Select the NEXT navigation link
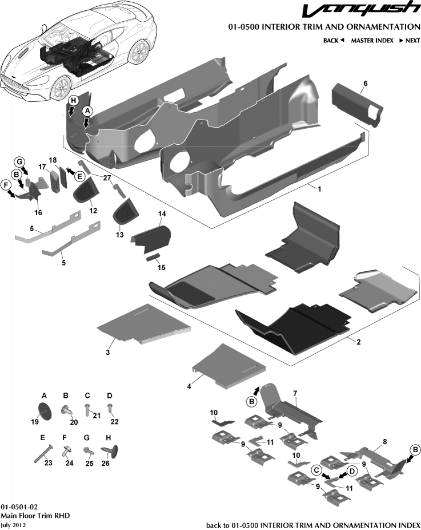click(x=410, y=41)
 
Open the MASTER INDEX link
click(x=372, y=41)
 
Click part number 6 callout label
click(x=365, y=84)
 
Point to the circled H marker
click(x=73, y=100)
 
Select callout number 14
click(x=162, y=214)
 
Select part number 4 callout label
click(x=189, y=386)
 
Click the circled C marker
click(x=316, y=469)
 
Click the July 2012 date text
click(x=12, y=525)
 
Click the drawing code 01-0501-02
click(x=19, y=507)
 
